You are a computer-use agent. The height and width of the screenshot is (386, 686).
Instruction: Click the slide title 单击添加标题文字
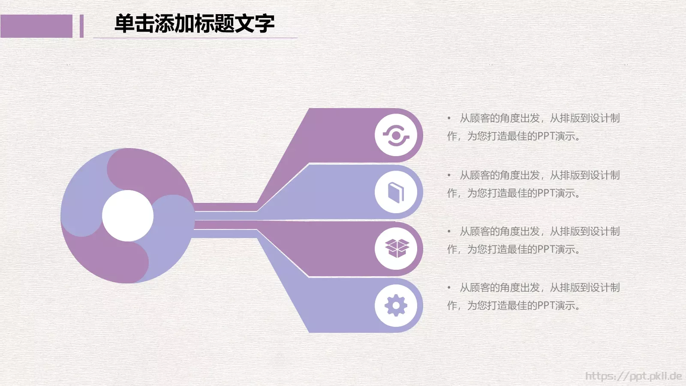point(194,24)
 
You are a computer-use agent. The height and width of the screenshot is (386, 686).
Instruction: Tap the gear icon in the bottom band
point(396,305)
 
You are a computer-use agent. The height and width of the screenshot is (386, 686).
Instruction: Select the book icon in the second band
point(396,192)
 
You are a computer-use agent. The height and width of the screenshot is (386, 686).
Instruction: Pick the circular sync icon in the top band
point(396,136)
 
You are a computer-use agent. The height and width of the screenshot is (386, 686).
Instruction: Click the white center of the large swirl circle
point(128,216)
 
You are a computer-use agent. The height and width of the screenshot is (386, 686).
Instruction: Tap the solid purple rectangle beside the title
point(36,26)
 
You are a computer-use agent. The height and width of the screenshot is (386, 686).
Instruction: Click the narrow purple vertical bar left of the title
point(81,26)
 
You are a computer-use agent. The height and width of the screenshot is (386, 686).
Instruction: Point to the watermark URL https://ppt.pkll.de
point(633,376)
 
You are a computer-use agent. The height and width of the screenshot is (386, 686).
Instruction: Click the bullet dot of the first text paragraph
point(449,118)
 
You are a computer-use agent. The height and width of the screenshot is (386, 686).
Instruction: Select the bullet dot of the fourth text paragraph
point(449,287)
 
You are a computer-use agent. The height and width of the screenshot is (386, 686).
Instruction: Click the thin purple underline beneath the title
point(195,38)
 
